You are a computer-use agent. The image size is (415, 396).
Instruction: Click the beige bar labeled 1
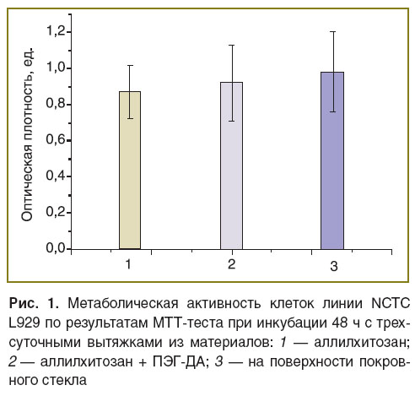[x=130, y=171]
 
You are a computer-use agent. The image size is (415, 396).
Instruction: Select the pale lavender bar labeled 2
[x=232, y=165]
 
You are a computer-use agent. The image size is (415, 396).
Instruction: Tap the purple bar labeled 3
[x=332, y=160]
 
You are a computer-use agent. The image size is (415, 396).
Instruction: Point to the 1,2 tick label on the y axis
[x=56, y=31]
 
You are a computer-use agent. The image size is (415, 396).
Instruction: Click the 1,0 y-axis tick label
[x=56, y=68]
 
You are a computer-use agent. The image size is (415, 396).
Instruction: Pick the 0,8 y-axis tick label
[x=56, y=104]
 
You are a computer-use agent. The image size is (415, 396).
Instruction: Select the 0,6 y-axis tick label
[x=56, y=140]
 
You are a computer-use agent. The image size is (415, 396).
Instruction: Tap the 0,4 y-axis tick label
[x=56, y=176]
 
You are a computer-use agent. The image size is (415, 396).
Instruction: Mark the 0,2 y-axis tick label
[x=56, y=212]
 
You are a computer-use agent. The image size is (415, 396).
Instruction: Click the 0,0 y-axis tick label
[x=56, y=248]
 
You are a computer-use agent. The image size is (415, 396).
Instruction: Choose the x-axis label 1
[x=128, y=264]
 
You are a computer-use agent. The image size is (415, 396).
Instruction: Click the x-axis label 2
[x=231, y=264]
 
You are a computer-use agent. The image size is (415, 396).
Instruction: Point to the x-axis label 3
[x=334, y=266]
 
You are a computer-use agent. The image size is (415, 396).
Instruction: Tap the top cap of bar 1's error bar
[x=130, y=65]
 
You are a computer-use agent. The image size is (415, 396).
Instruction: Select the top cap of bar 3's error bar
[x=333, y=31]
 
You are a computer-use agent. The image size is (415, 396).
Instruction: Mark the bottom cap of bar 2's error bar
[x=232, y=122]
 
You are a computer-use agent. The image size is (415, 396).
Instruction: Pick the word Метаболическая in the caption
[x=123, y=304]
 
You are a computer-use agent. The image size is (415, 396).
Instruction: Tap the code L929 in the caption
[x=24, y=323]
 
